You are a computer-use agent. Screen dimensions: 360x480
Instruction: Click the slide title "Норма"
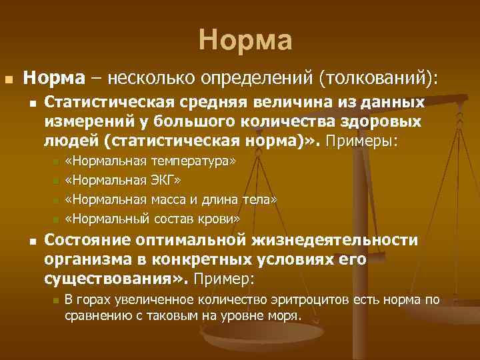click(x=245, y=41)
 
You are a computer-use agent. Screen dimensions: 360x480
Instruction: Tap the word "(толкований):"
click(x=379, y=79)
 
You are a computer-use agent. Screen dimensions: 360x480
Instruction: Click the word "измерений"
click(x=86, y=123)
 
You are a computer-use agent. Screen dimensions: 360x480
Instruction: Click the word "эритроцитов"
click(x=315, y=300)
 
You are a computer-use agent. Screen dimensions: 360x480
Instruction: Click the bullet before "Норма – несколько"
click(x=8, y=79)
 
